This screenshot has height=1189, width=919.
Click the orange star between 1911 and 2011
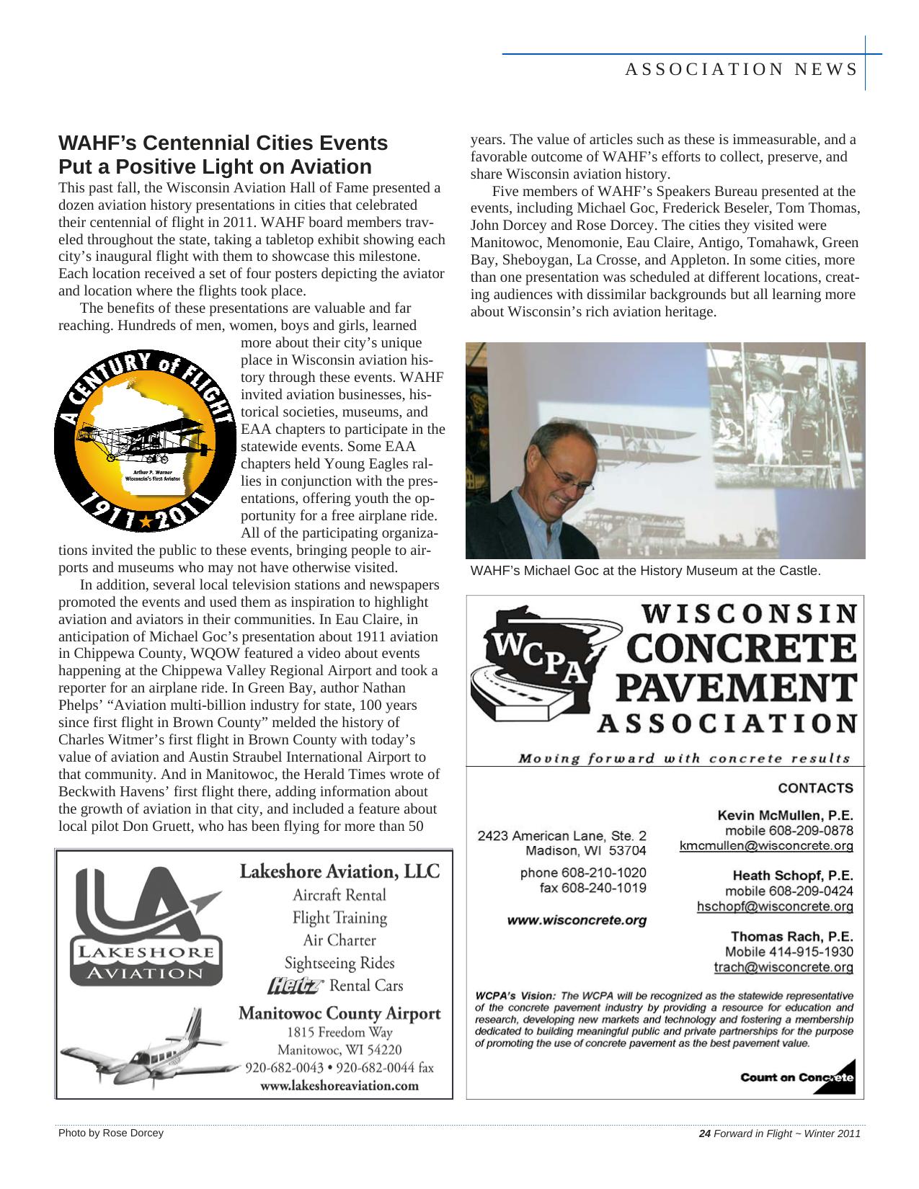tap(146, 520)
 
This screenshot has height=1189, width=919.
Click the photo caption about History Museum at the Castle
tap(645, 571)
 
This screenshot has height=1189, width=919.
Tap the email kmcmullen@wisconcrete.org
tap(766, 846)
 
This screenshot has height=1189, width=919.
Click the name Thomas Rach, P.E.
tap(791, 936)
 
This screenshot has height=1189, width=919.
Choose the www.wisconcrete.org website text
tap(577, 920)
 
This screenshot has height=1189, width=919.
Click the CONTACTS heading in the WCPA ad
tap(815, 788)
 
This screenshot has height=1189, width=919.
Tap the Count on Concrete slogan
tap(796, 1077)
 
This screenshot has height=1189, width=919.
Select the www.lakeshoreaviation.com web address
tap(339, 1085)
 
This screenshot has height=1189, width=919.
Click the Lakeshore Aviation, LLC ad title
tap(339, 871)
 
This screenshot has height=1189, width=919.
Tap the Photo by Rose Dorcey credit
tap(111, 1133)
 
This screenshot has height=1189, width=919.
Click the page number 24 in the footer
tap(705, 1134)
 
